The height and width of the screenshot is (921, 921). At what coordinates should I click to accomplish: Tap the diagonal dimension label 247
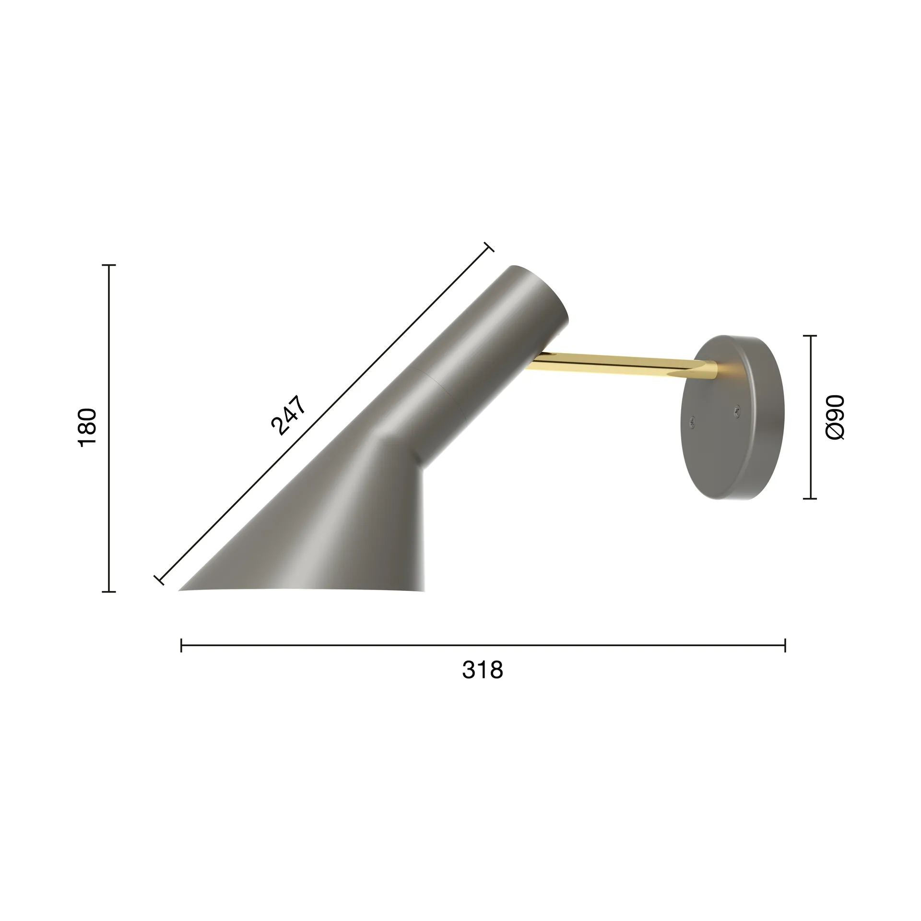288,415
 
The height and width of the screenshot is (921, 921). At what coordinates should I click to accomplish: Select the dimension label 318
483,670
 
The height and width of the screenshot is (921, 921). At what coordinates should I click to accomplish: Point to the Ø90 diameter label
835,417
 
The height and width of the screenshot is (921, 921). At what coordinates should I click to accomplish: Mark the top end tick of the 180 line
109,265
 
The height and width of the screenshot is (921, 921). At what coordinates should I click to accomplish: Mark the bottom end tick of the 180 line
109,592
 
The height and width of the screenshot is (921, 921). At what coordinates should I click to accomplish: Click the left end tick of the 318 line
181,645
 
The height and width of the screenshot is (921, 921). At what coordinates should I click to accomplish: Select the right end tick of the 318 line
785,645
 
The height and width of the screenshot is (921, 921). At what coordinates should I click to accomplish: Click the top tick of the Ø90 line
810,336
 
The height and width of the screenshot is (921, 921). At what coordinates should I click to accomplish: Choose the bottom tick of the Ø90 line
810,499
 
